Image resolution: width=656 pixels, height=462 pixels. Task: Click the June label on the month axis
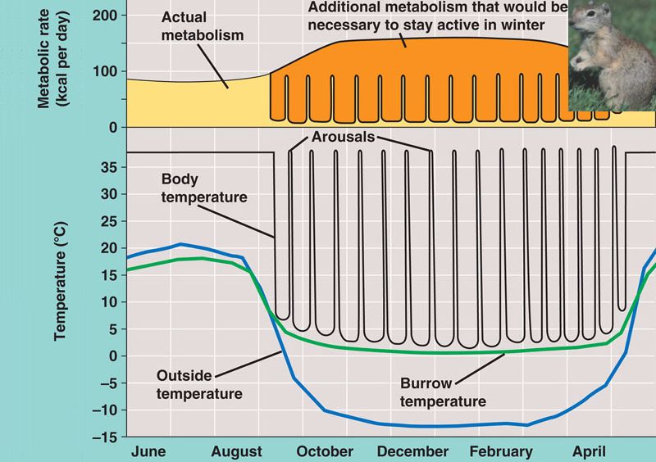pos(149,451)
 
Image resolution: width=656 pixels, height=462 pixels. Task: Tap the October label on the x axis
pos(326,451)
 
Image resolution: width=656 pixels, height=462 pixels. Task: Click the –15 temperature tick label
pos(106,437)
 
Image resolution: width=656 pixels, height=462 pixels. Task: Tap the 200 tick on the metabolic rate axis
pos(107,15)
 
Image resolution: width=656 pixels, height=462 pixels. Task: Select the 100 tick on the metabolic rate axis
pos(107,71)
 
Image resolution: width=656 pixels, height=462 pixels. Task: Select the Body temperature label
pos(193,188)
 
